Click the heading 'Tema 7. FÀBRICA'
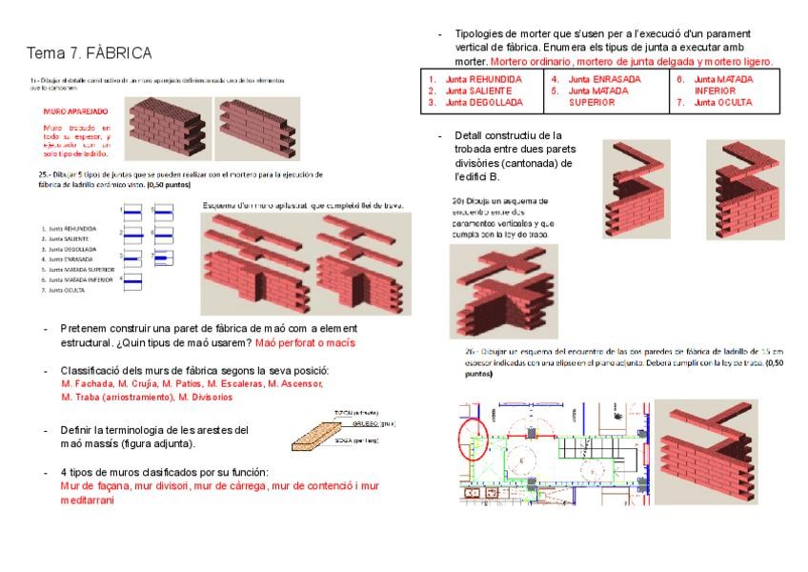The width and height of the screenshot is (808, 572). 89,51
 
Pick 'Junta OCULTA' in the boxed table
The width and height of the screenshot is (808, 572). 723,102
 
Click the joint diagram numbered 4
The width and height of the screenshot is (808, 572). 131,281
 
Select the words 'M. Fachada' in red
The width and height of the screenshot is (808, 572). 85,383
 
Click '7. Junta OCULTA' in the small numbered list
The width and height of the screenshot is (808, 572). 64,290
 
